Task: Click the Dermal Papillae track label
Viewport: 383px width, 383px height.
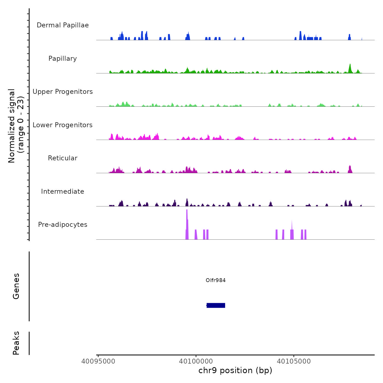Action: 63,25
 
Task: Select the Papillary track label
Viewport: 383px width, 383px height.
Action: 63,59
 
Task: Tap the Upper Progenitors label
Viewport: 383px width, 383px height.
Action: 63,92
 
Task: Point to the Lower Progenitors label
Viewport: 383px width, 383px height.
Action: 63,125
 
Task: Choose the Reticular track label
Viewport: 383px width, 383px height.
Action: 63,158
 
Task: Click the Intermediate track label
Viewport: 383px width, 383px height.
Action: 63,191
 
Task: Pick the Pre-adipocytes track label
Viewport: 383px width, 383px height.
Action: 63,225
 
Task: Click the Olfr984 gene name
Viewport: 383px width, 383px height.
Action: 216,280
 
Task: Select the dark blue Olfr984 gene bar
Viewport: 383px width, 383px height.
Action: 216,305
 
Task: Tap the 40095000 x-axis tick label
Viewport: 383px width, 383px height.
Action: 98,361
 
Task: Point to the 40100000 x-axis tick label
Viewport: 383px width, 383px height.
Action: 196,361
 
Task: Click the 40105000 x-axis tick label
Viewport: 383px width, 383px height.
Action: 294,361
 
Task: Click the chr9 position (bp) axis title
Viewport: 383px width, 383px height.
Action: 235,370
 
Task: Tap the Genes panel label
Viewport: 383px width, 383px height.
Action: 16,286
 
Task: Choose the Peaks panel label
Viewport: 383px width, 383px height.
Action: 16,343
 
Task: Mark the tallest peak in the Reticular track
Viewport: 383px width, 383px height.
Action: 350,168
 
